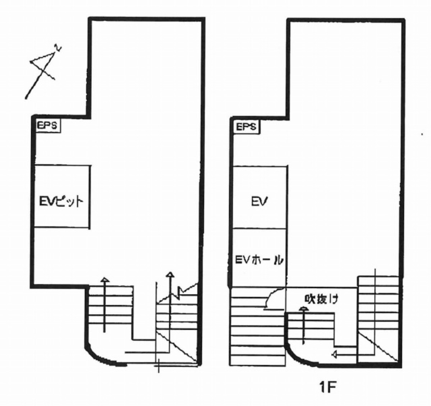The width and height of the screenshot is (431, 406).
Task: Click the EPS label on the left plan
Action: pos(47,126)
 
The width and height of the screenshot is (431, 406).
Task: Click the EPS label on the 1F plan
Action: pos(246,127)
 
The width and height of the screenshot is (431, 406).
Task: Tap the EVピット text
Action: pos(61,202)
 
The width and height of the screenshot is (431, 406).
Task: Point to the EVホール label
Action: pos(259,259)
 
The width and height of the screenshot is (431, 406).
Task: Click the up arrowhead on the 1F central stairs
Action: pos(303,309)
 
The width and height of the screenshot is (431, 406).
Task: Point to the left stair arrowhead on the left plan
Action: pos(105,280)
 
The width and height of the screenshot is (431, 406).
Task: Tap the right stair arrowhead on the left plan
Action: pos(170,274)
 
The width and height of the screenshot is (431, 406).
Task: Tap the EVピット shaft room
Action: pos(62,196)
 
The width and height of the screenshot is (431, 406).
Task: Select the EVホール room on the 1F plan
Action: pos(259,258)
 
